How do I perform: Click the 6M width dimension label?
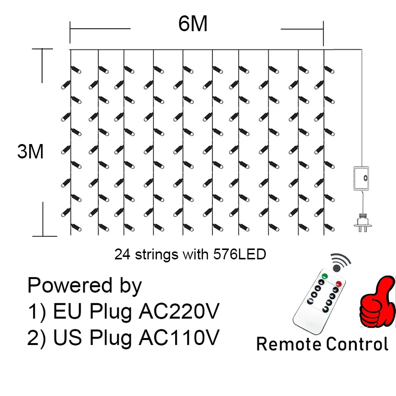[x=193, y=24]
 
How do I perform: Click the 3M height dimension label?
[x=31, y=151]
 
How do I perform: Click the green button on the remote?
[x=325, y=276]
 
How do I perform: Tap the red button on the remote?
[x=339, y=284]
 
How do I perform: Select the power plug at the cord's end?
[x=362, y=222]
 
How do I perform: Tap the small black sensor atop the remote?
[x=337, y=268]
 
